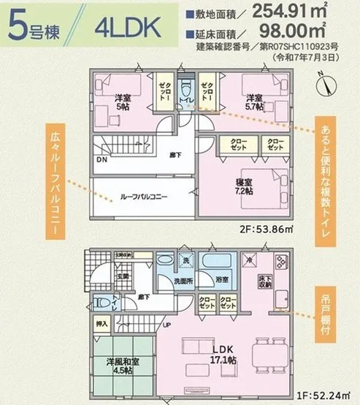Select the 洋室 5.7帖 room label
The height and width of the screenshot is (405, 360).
point(254,101)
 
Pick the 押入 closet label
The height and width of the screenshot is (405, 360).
point(102,322)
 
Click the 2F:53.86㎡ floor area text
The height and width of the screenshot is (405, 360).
point(269,228)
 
